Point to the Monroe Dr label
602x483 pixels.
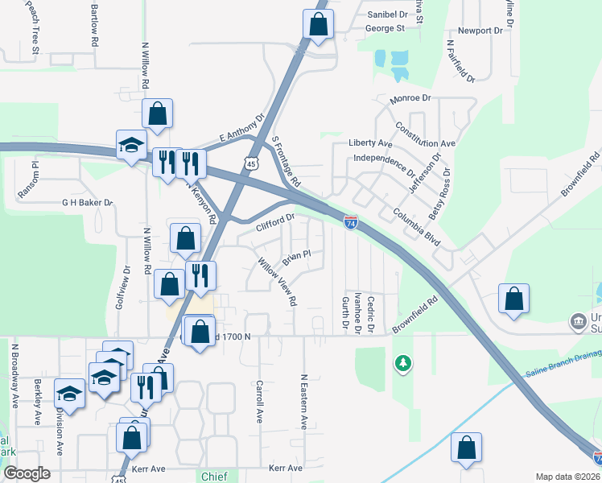pyautogui.click(x=410, y=98)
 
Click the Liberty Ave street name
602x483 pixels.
pyautogui.click(x=370, y=142)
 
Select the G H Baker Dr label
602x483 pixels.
pyautogui.click(x=87, y=203)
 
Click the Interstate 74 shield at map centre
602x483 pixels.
pyautogui.click(x=351, y=221)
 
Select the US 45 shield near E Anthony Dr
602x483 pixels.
pyautogui.click(x=252, y=163)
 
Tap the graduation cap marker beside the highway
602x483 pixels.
pyautogui.click(x=129, y=145)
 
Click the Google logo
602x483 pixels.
pyautogui.click(x=27, y=473)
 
